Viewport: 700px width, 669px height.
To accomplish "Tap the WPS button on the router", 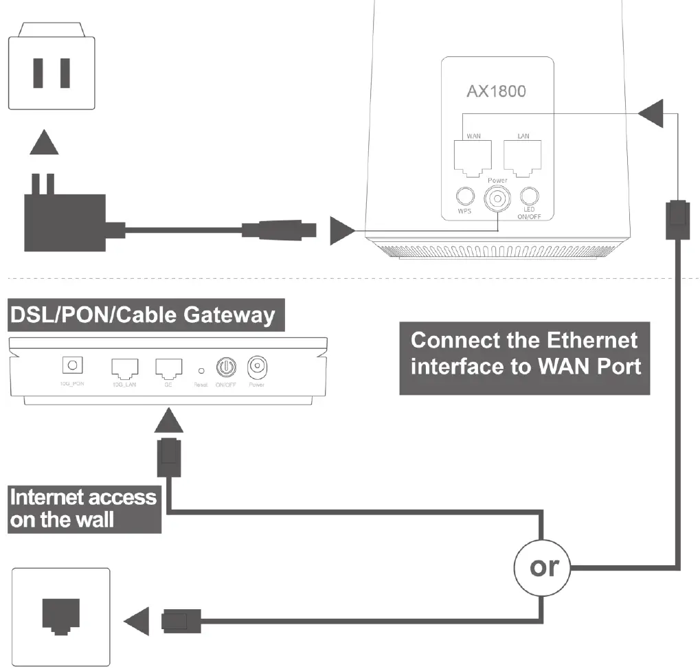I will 465,197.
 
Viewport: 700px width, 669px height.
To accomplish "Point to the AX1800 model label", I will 497,90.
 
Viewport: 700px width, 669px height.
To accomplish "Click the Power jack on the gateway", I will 257,367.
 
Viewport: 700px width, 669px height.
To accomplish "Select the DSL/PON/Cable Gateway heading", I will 142,315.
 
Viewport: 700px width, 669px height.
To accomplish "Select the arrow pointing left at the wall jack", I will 137,622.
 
